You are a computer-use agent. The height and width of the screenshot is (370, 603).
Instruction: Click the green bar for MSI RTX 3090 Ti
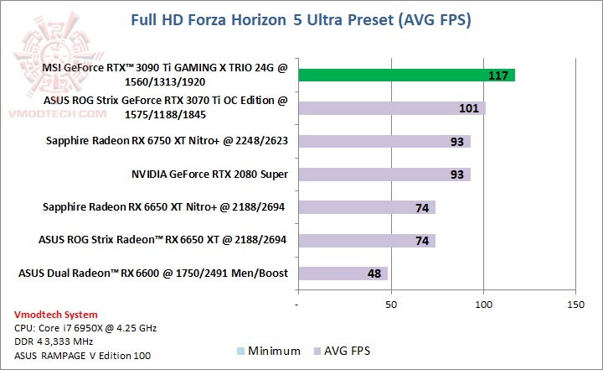(406, 76)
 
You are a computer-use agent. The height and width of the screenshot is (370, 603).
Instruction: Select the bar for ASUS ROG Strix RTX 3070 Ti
(392, 108)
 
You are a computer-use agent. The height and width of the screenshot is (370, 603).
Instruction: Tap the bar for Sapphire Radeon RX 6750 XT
(384, 141)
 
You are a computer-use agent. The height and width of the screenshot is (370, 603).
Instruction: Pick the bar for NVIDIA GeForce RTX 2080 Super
(384, 175)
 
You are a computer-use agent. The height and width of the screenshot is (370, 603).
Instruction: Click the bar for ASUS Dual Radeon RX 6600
(343, 274)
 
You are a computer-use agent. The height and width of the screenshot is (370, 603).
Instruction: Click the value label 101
(470, 109)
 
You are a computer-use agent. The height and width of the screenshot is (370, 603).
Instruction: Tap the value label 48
(374, 274)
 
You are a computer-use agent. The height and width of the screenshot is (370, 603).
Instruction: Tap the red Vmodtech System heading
(50, 314)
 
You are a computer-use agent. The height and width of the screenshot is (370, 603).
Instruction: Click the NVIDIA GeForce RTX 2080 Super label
(209, 175)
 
